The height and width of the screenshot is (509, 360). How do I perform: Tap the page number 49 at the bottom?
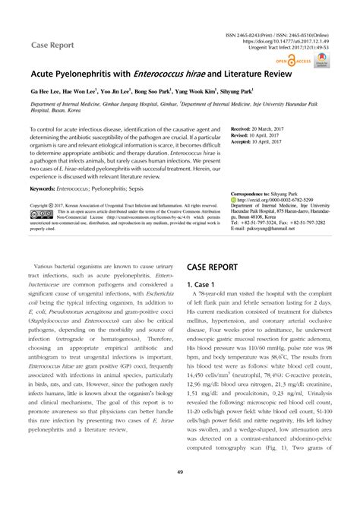[180, 493]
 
